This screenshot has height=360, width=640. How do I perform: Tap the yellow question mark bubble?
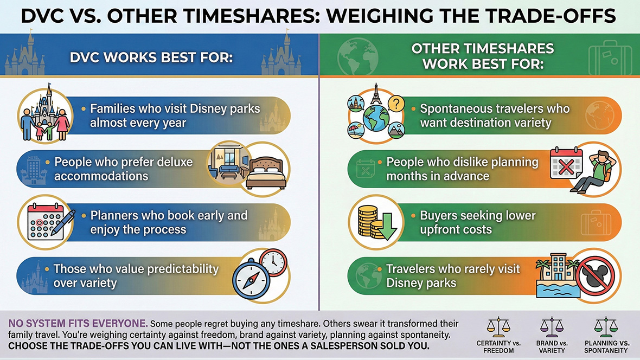(398, 103)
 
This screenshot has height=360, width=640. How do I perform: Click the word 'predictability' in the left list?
(178, 269)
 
